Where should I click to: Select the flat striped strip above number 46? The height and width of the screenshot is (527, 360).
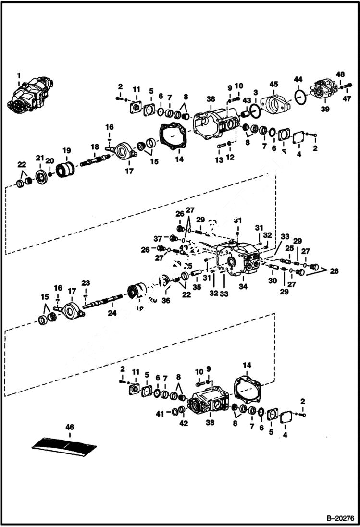coord(64,444)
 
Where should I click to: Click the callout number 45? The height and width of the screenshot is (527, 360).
coord(273,85)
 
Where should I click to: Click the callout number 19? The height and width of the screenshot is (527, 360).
coord(66,150)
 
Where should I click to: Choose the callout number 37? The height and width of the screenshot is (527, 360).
coord(158,239)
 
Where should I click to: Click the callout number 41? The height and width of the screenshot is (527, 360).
coord(160,413)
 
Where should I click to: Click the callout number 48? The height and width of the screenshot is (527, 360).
coord(340,74)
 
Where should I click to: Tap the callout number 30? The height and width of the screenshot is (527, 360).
coord(273,281)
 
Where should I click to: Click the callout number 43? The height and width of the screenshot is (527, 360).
coord(247,101)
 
